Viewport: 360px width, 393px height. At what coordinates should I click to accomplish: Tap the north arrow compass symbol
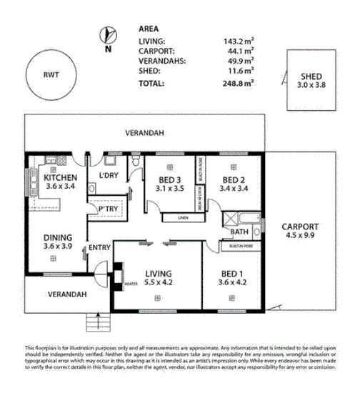pos(107,36)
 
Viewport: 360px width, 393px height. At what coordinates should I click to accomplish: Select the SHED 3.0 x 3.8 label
pos(311,79)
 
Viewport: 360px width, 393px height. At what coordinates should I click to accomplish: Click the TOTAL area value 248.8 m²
pos(239,83)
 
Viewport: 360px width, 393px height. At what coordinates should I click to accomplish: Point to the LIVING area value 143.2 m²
pos(239,42)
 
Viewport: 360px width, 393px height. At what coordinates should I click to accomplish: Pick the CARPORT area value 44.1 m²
pos(241,52)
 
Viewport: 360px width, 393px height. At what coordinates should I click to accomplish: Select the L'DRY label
pos(108,176)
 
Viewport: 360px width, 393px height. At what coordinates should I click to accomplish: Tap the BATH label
pos(240,232)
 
